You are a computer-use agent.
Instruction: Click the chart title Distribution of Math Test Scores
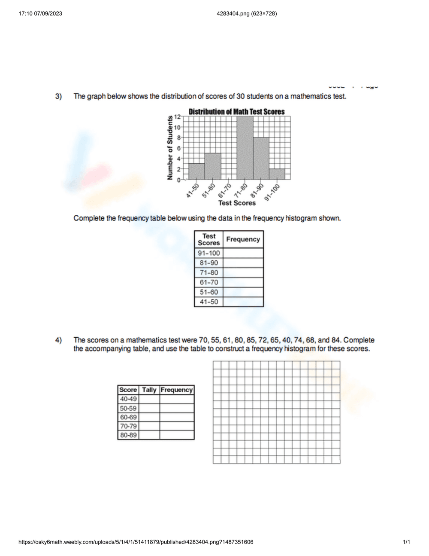(x=236, y=112)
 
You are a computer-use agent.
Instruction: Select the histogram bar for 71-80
(x=245, y=148)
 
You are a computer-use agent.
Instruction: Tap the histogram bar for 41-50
(x=196, y=171)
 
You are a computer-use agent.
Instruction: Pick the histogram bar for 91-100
(x=277, y=174)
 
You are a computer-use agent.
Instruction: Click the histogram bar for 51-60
(x=213, y=166)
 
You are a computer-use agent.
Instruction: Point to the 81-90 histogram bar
(x=261, y=159)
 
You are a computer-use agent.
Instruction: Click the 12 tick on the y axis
(x=177, y=117)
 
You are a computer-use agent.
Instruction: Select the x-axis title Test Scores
(x=237, y=203)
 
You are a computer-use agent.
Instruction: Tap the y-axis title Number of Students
(x=170, y=148)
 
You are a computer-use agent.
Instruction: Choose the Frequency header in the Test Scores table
(x=243, y=239)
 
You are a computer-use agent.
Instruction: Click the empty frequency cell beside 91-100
(x=243, y=253)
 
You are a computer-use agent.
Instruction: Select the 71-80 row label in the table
(x=209, y=272)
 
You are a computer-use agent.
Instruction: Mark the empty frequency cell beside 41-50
(x=243, y=302)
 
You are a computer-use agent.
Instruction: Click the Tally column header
(x=149, y=390)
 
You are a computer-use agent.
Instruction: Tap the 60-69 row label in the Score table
(x=128, y=417)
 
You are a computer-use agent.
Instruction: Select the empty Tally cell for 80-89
(x=149, y=435)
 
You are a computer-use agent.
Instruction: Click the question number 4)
(x=58, y=340)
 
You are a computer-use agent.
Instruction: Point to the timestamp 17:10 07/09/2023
(x=40, y=13)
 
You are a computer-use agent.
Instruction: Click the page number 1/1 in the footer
(x=406, y=542)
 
